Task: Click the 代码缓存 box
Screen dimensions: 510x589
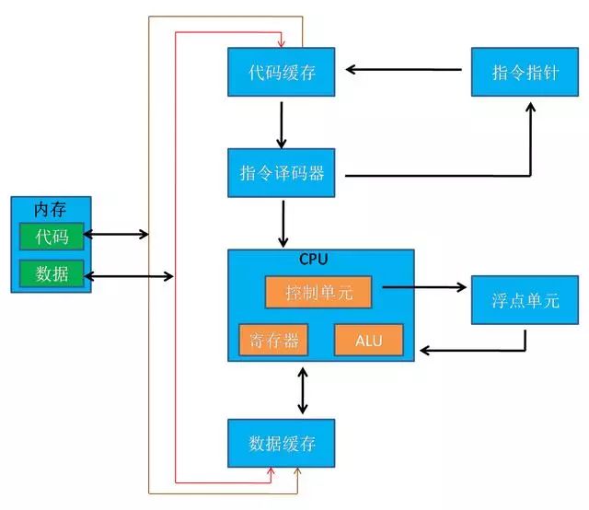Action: [282, 71]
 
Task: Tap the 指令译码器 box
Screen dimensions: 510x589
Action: [282, 172]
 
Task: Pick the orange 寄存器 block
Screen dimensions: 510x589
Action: [272, 341]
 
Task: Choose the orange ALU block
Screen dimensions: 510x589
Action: [368, 341]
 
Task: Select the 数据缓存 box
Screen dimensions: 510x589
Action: [282, 444]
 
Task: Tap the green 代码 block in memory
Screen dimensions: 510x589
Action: [52, 236]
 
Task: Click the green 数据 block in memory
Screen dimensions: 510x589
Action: [52, 272]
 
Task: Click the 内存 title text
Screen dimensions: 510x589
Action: [51, 209]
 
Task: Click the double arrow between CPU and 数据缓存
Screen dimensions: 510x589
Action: [302, 392]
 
